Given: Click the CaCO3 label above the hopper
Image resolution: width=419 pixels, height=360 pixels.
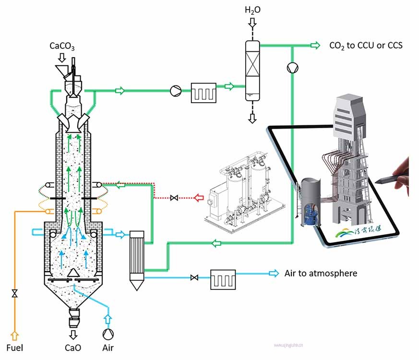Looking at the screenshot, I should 62,47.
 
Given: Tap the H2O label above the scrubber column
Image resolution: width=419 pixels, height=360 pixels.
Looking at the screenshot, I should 252,10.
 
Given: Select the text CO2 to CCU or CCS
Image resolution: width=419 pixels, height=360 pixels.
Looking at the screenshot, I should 365,46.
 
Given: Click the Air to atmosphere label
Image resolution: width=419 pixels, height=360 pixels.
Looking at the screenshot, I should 321,273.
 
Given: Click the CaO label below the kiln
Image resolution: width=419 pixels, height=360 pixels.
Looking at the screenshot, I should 73,347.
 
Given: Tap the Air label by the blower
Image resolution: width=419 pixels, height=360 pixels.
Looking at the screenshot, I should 108,347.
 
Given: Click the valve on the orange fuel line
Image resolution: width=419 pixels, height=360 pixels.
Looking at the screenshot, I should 15,293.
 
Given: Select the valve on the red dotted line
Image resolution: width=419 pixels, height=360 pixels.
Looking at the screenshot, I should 174,197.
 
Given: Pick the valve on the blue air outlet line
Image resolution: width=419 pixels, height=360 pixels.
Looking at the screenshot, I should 194,277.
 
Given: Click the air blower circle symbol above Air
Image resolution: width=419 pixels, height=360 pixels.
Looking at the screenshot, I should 108,333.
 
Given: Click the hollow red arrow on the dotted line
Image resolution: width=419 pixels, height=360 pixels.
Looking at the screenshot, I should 199,197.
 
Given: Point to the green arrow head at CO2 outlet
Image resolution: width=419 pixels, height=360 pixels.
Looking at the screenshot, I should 315,45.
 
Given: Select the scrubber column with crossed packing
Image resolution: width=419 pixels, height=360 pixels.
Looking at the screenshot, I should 251,71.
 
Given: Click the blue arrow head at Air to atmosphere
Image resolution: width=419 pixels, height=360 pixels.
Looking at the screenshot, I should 274,273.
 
